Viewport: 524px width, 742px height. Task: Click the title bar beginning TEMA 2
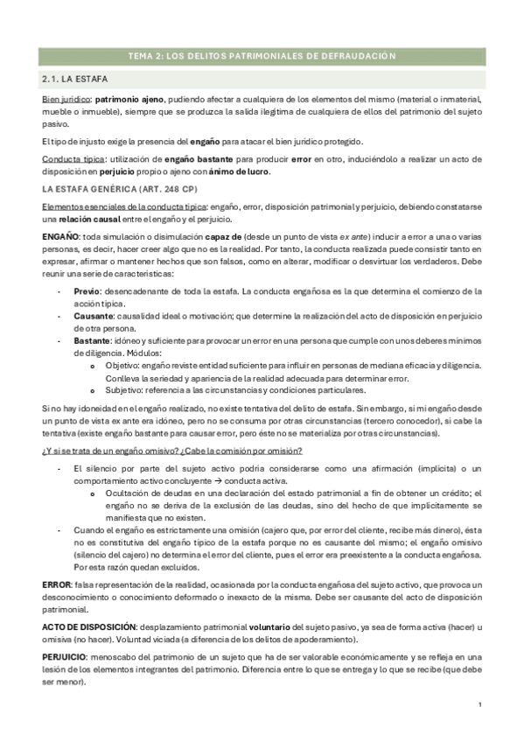tap(262, 56)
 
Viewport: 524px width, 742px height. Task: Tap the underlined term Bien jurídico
tap(66, 101)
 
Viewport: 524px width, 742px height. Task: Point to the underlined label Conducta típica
tap(73, 159)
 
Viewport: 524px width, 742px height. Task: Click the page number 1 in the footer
tap(481, 704)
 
